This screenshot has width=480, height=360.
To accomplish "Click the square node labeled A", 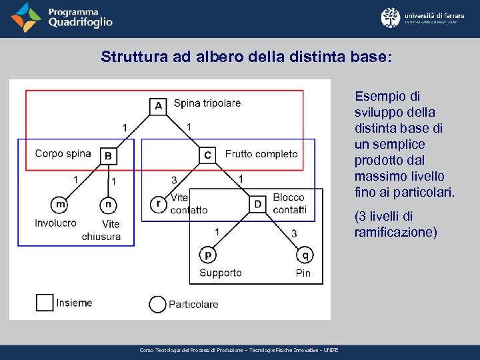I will pyautogui.click(x=158, y=106).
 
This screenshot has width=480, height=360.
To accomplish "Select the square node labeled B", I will pyautogui.click(x=108, y=156).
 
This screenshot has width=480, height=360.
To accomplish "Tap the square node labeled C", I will pyautogui.click(x=208, y=155).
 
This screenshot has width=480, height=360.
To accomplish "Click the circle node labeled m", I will pyautogui.click(x=60, y=204).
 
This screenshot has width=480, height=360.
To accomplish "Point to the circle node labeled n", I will pyautogui.click(x=108, y=205).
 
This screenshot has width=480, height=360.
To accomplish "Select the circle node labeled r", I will pyautogui.click(x=159, y=204).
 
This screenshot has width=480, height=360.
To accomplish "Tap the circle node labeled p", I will pyautogui.click(x=208, y=255).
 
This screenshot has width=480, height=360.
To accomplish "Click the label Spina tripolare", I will pyautogui.click(x=207, y=103).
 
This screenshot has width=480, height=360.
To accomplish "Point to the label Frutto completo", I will pyautogui.click(x=261, y=154).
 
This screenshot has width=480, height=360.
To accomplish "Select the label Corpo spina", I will pyautogui.click(x=63, y=153).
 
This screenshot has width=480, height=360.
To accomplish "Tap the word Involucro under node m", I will pyautogui.click(x=55, y=223).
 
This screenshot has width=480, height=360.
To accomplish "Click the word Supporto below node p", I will pyautogui.click(x=221, y=273).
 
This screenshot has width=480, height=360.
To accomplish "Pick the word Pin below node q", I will pyautogui.click(x=303, y=273).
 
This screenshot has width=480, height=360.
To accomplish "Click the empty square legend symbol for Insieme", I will pyautogui.click(x=45, y=303).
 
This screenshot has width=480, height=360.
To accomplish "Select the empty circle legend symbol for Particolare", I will pyautogui.click(x=157, y=304).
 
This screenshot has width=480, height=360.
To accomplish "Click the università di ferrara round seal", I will pyautogui.click(x=391, y=18).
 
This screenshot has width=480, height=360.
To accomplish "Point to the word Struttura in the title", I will pyautogui.click(x=129, y=57).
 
